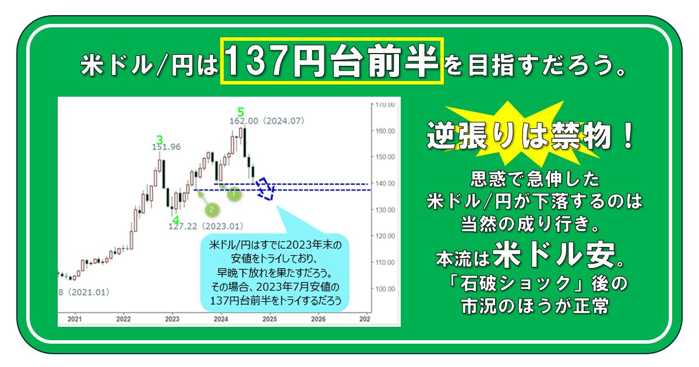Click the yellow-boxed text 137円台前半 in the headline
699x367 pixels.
point(331,61)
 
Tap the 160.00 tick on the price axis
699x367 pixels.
point(385,130)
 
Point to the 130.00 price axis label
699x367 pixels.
point(385,210)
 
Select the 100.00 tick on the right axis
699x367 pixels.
point(385,289)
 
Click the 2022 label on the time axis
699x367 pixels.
point(123,319)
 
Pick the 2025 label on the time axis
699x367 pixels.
point(270,319)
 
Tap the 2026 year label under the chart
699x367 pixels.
point(318,319)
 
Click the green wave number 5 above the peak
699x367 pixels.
point(241,112)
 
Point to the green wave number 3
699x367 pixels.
point(160,140)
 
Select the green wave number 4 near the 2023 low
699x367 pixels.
point(176,220)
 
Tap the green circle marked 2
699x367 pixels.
point(212,210)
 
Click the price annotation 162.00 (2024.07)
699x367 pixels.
point(267,121)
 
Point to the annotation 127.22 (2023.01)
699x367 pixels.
point(206,226)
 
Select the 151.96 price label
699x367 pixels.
point(167,147)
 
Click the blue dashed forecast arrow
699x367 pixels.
point(265,189)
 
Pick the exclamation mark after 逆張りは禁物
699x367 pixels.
point(627,136)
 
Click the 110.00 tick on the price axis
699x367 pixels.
point(385,262)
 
